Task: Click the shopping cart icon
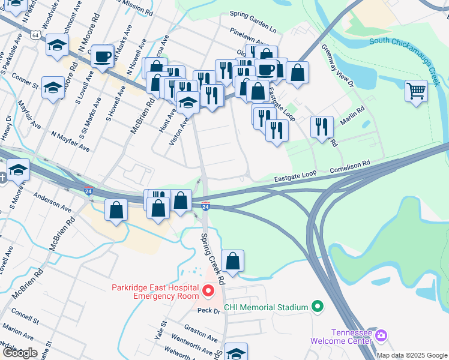(x=416, y=91)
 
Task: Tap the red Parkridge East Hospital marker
(x=208, y=292)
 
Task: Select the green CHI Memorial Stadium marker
(x=318, y=307)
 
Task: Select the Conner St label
(x=24, y=81)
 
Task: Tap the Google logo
(x=20, y=353)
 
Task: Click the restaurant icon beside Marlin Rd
(x=321, y=126)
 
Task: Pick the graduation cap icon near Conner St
(x=53, y=88)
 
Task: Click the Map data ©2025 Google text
(x=411, y=355)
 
